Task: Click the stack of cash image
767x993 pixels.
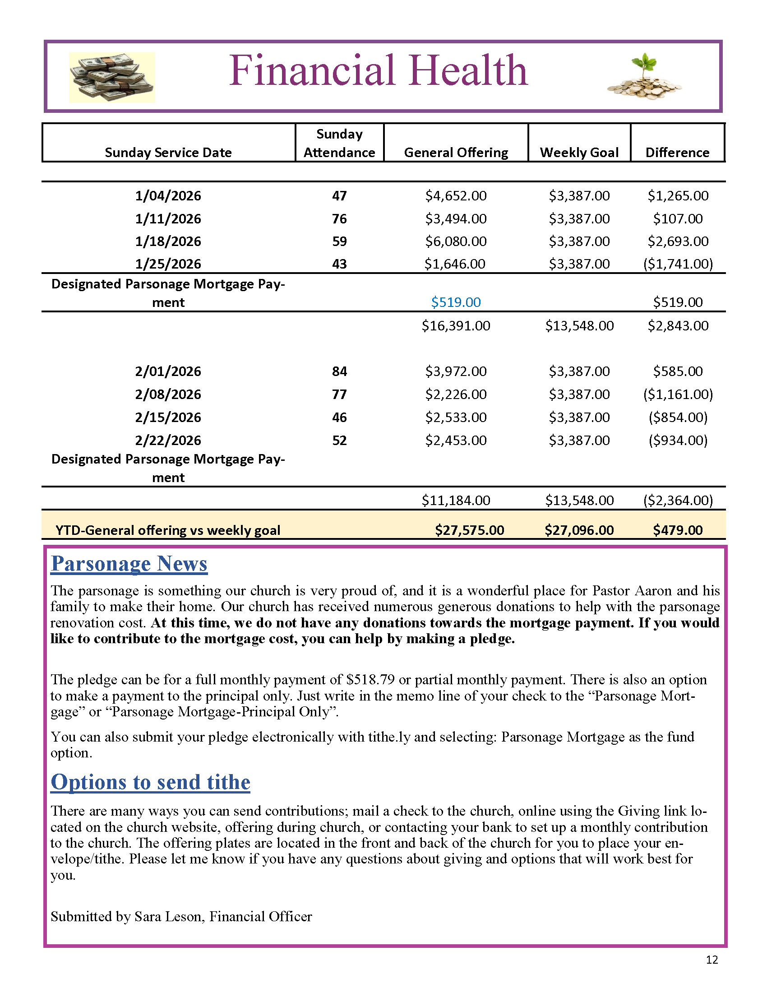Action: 112,77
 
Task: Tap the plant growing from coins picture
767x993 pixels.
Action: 644,77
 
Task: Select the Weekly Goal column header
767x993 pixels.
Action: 579,152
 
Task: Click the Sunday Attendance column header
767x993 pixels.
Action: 339,143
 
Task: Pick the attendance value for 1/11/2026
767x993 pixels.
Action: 339,219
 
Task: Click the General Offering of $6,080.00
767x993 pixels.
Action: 456,241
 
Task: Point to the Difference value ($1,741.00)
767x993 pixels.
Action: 678,264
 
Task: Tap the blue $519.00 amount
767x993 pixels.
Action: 456,302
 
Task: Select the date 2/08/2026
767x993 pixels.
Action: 168,394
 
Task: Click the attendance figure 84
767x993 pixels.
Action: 339,371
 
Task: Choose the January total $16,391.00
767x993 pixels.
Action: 456,325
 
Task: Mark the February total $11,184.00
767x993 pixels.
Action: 456,501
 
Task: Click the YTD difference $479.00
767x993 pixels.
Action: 678,530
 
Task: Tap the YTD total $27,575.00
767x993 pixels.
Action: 469,530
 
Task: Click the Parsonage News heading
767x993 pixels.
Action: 129,564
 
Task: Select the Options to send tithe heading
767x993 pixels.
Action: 150,782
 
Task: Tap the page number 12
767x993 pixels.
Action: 712,959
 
